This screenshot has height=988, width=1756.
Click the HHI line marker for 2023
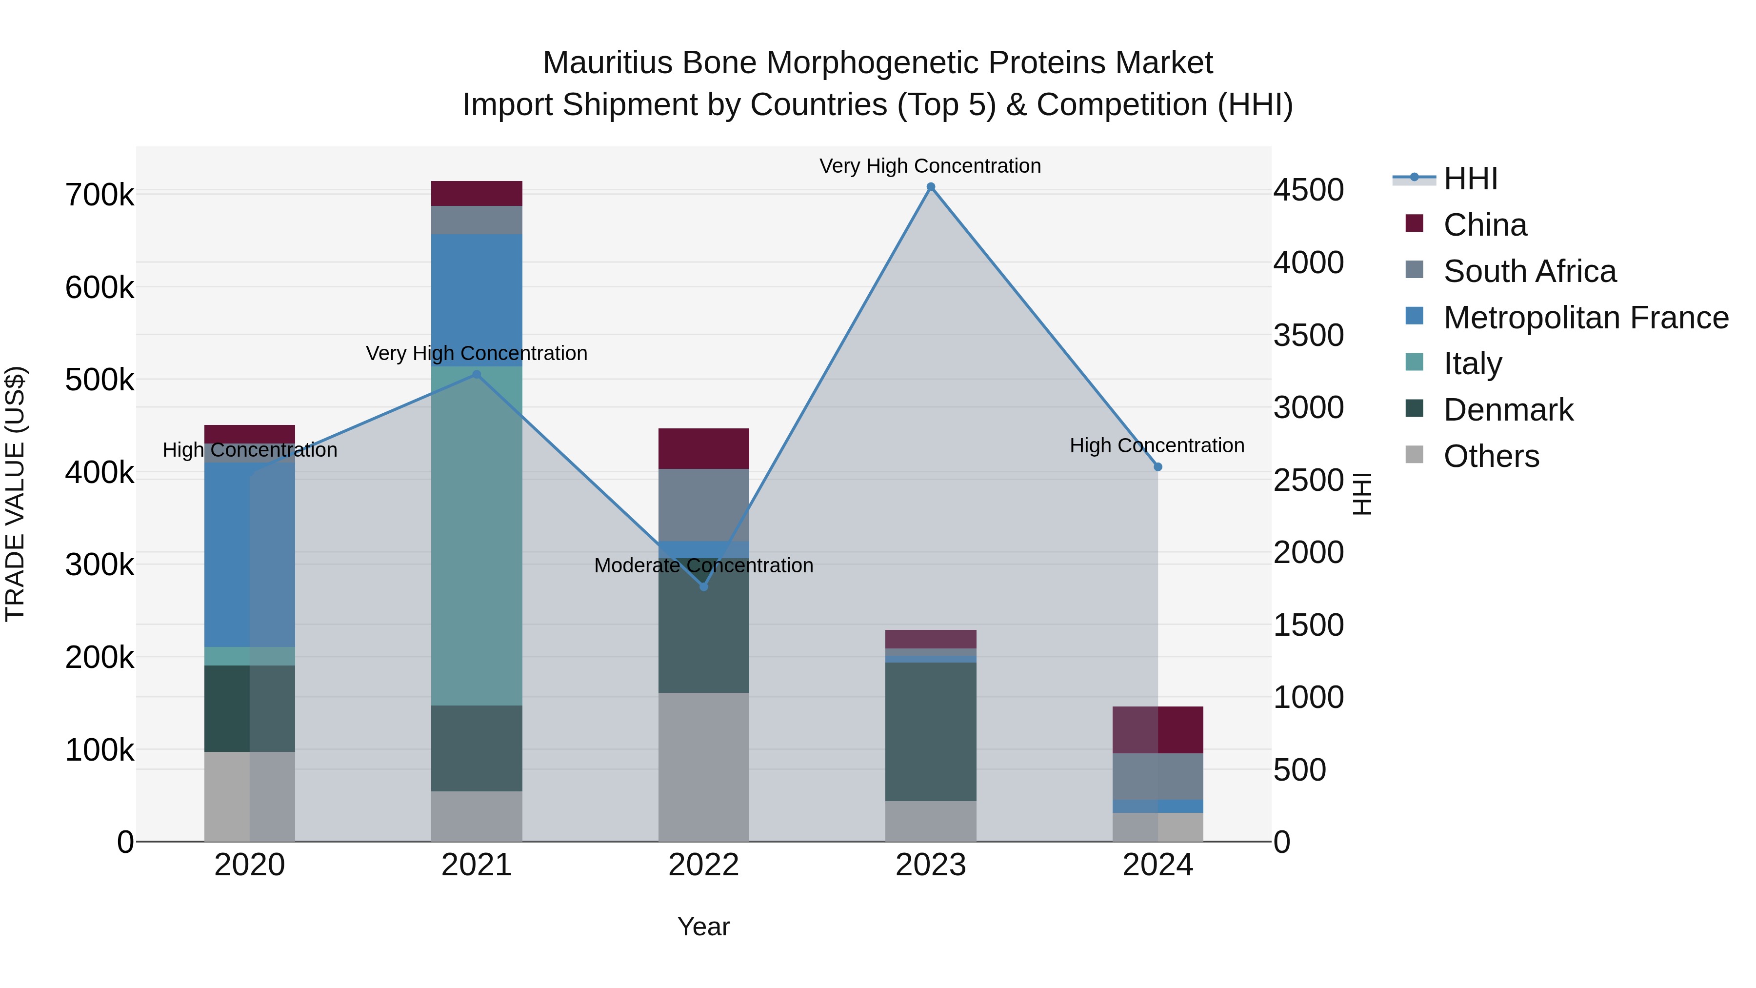pyautogui.click(x=931, y=187)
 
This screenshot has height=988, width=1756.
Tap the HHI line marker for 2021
pyautogui.click(x=477, y=374)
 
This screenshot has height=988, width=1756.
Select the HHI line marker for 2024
pyautogui.click(x=1157, y=467)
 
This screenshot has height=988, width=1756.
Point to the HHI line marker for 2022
pyautogui.click(x=703, y=586)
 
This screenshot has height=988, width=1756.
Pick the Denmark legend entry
pyautogui.click(x=1507, y=410)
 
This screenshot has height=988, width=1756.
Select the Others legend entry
pyautogui.click(x=1490, y=456)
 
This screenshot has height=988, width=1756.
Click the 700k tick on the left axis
pyautogui.click(x=100, y=195)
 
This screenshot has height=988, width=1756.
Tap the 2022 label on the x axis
pyautogui.click(x=703, y=865)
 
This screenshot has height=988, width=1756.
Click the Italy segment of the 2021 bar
pyautogui.click(x=477, y=535)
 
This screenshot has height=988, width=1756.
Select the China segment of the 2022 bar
pyautogui.click(x=703, y=449)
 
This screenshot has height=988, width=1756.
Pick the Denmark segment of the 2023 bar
pyautogui.click(x=931, y=732)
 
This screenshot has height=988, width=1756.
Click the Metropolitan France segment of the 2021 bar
pyautogui.click(x=477, y=300)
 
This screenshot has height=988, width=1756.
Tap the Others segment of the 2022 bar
pyautogui.click(x=703, y=767)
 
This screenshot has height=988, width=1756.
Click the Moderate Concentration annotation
pyautogui.click(x=703, y=566)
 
